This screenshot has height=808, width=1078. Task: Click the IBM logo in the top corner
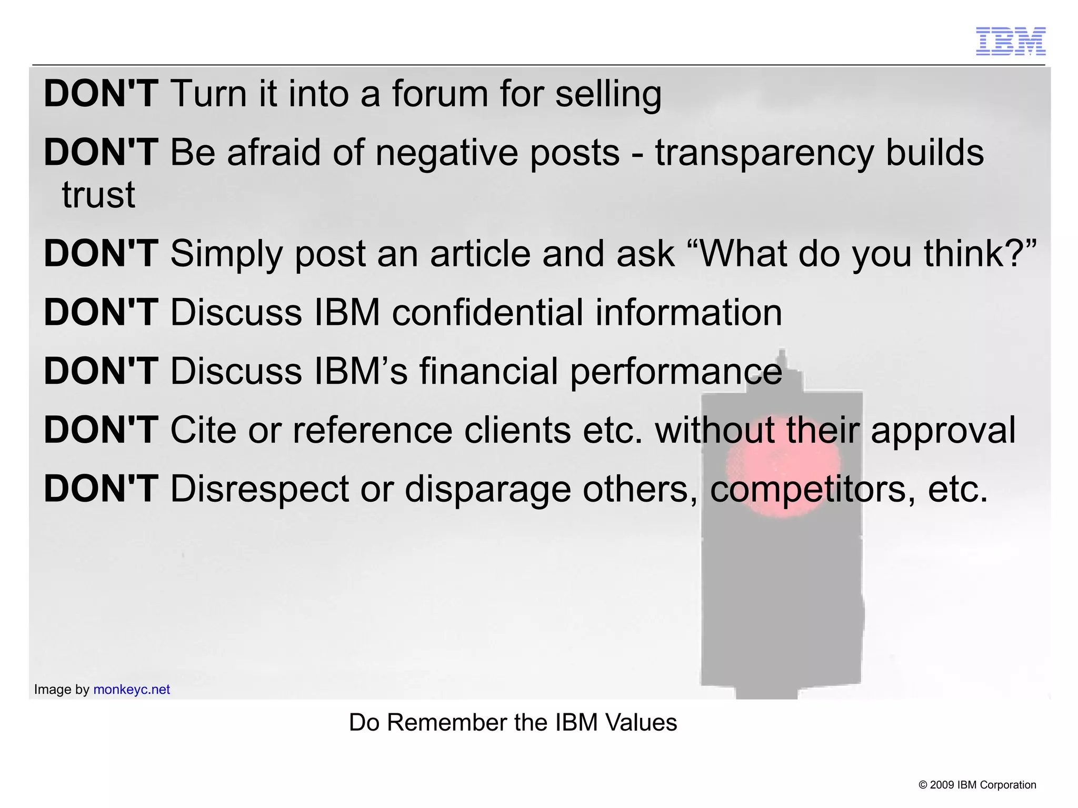pos(1011,41)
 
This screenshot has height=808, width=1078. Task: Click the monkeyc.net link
pos(132,690)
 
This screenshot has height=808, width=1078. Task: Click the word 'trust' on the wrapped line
pos(98,195)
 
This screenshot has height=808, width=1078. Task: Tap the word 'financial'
pos(488,372)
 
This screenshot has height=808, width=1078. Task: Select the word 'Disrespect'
pos(259,490)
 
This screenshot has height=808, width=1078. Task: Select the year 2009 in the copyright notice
pos(942,785)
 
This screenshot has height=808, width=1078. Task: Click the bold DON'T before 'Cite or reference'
pos(101,431)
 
